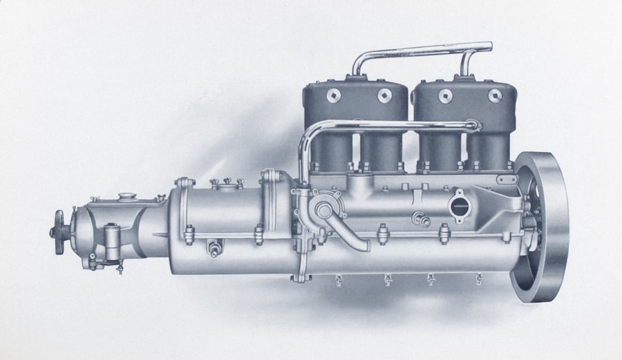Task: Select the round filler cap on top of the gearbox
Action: click(125, 198)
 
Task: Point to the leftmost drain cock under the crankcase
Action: click(339, 280)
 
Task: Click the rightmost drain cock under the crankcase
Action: click(478, 280)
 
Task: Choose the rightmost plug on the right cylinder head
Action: click(495, 96)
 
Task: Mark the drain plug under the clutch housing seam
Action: click(215, 248)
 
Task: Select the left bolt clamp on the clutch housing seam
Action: click(187, 235)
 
